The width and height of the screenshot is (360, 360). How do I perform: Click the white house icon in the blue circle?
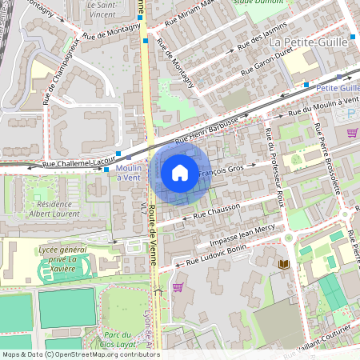tap(180, 173)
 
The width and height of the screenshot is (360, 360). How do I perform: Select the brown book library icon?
tap(282, 264)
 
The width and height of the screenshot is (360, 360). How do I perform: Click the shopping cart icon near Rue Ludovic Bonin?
tap(178, 287)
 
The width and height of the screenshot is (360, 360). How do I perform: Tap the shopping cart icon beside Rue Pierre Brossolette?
tap(352, 133)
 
